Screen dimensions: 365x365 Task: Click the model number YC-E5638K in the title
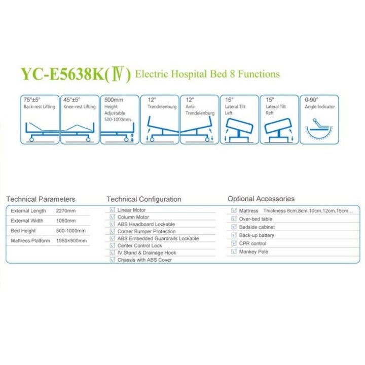tap(62, 74)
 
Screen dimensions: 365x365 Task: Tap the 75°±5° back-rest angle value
tap(32, 100)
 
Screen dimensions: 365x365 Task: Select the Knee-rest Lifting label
tap(80, 106)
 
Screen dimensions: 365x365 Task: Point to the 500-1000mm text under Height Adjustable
tap(118, 120)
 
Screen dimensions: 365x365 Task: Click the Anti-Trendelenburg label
tap(200, 110)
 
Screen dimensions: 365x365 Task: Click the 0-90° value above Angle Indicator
tap(311, 100)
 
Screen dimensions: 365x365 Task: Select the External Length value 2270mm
tap(66, 211)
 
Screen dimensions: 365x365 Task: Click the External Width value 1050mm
tap(66, 221)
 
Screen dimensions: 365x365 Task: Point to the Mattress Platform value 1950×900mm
tap(71, 241)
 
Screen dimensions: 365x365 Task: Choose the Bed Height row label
tap(23, 231)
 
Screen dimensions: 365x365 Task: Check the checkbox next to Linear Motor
tap(112, 210)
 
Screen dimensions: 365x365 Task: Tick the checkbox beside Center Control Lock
tap(112, 245)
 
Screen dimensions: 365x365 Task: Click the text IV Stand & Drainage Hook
tap(147, 253)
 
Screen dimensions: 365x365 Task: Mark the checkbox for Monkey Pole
tap(234, 251)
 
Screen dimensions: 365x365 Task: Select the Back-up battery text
tap(257, 235)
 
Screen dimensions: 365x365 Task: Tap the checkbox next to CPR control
tap(234, 243)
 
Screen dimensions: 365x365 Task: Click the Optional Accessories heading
tap(261, 199)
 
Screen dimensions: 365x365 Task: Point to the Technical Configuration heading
tap(144, 199)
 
